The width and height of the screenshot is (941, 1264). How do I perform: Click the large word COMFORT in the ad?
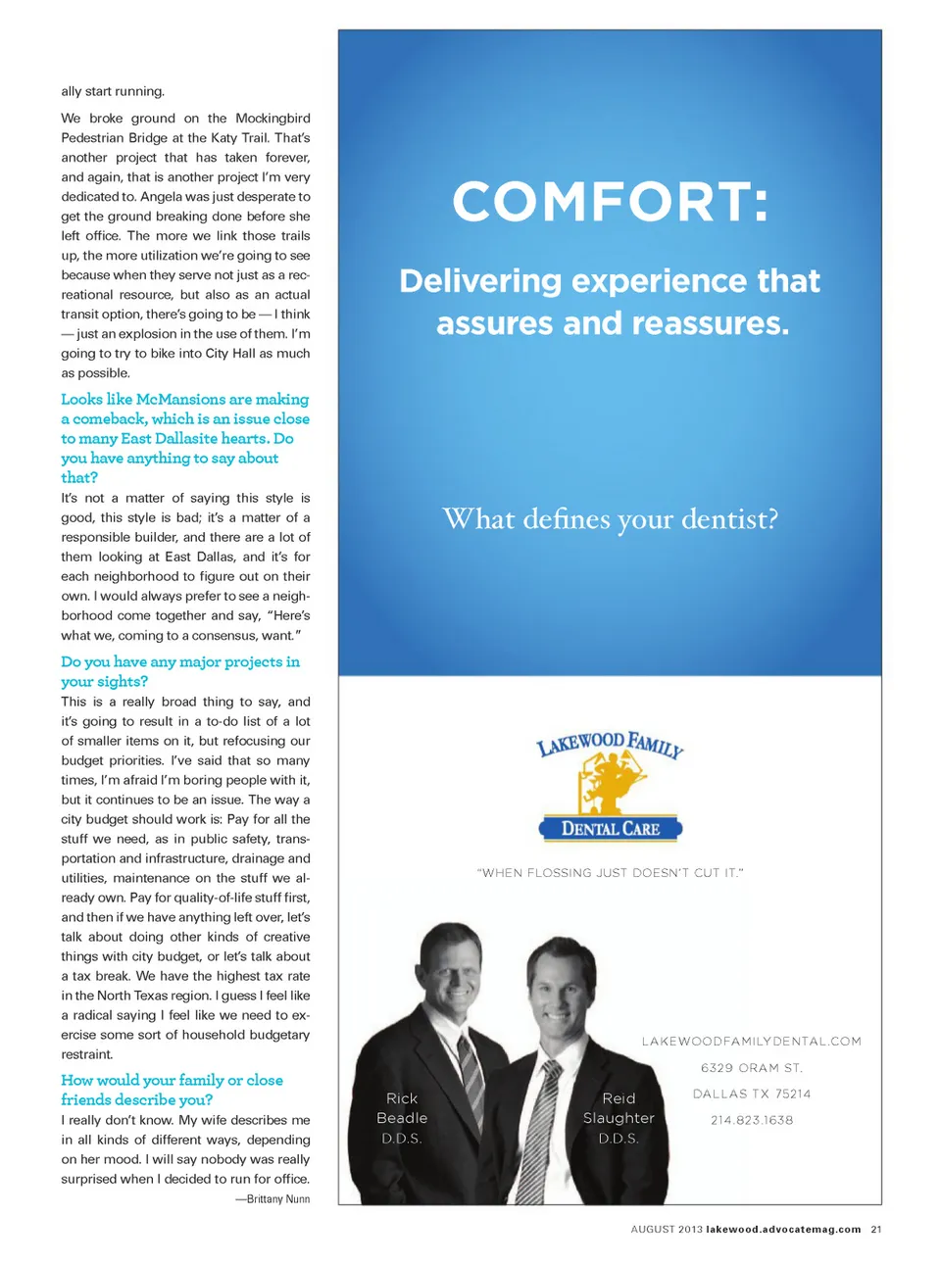610,202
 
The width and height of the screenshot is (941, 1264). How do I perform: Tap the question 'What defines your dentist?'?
610,518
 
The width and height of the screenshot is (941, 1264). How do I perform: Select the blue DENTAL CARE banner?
611,829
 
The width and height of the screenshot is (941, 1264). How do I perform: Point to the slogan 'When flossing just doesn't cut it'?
610,873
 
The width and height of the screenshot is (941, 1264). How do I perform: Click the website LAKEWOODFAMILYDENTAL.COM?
751,1042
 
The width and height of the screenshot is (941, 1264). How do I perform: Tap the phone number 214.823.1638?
751,1120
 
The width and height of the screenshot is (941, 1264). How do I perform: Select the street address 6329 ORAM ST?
751,1068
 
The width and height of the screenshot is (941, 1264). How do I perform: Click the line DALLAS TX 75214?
751,1094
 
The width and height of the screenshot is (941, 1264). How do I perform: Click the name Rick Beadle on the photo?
402,1108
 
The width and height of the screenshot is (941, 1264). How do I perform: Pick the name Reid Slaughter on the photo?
619,1108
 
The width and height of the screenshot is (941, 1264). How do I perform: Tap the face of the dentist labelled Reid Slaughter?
562,990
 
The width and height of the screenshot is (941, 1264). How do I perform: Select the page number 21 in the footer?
876,1230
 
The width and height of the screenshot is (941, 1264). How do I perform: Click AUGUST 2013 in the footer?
667,1230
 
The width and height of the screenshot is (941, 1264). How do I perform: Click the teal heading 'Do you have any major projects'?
180,662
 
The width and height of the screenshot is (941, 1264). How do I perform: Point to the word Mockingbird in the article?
272,119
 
